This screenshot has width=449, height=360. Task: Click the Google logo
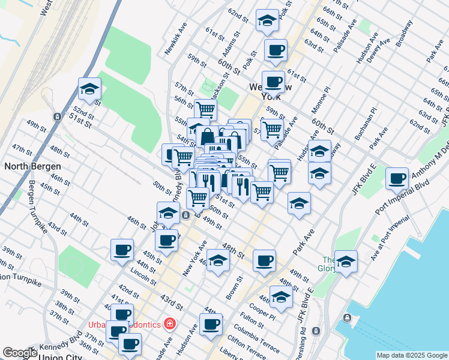point(20,353)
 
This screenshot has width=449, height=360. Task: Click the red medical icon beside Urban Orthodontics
point(170,324)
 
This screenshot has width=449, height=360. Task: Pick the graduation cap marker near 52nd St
point(89,90)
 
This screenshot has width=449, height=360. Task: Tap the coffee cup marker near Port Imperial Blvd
point(397,178)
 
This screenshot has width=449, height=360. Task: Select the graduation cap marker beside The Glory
point(346,261)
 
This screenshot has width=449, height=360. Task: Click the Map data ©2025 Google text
point(412,355)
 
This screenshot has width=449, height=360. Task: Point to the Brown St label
point(234,287)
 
